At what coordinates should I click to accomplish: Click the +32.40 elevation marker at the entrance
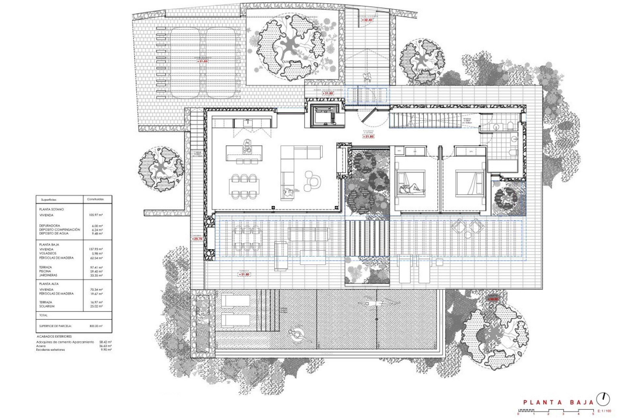[x=367, y=20]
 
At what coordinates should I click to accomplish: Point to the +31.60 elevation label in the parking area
[x=202, y=61]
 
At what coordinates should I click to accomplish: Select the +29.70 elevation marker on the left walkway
[x=198, y=239]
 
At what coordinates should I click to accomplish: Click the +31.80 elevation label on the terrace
[x=244, y=275]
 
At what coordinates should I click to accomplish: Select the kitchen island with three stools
[x=244, y=153]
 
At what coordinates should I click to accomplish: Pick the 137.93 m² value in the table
[x=96, y=249]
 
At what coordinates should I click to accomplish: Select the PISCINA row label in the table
[x=45, y=271]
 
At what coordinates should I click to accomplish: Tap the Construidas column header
[x=95, y=199]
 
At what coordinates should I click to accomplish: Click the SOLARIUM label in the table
[x=47, y=306]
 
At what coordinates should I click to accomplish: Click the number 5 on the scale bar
[x=593, y=414]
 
